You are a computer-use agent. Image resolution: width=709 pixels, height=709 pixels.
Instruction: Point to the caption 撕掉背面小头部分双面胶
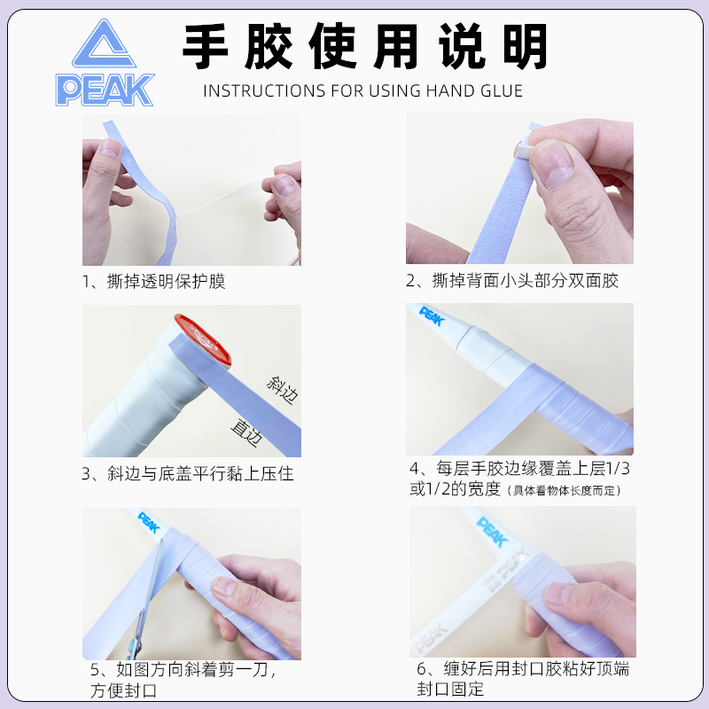[512, 281]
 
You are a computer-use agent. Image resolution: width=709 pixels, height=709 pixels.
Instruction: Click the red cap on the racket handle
[201, 341]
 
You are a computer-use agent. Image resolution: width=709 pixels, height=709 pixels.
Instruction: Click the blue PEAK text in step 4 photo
[431, 317]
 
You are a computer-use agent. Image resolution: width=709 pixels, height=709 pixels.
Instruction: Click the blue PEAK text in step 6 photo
[493, 531]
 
